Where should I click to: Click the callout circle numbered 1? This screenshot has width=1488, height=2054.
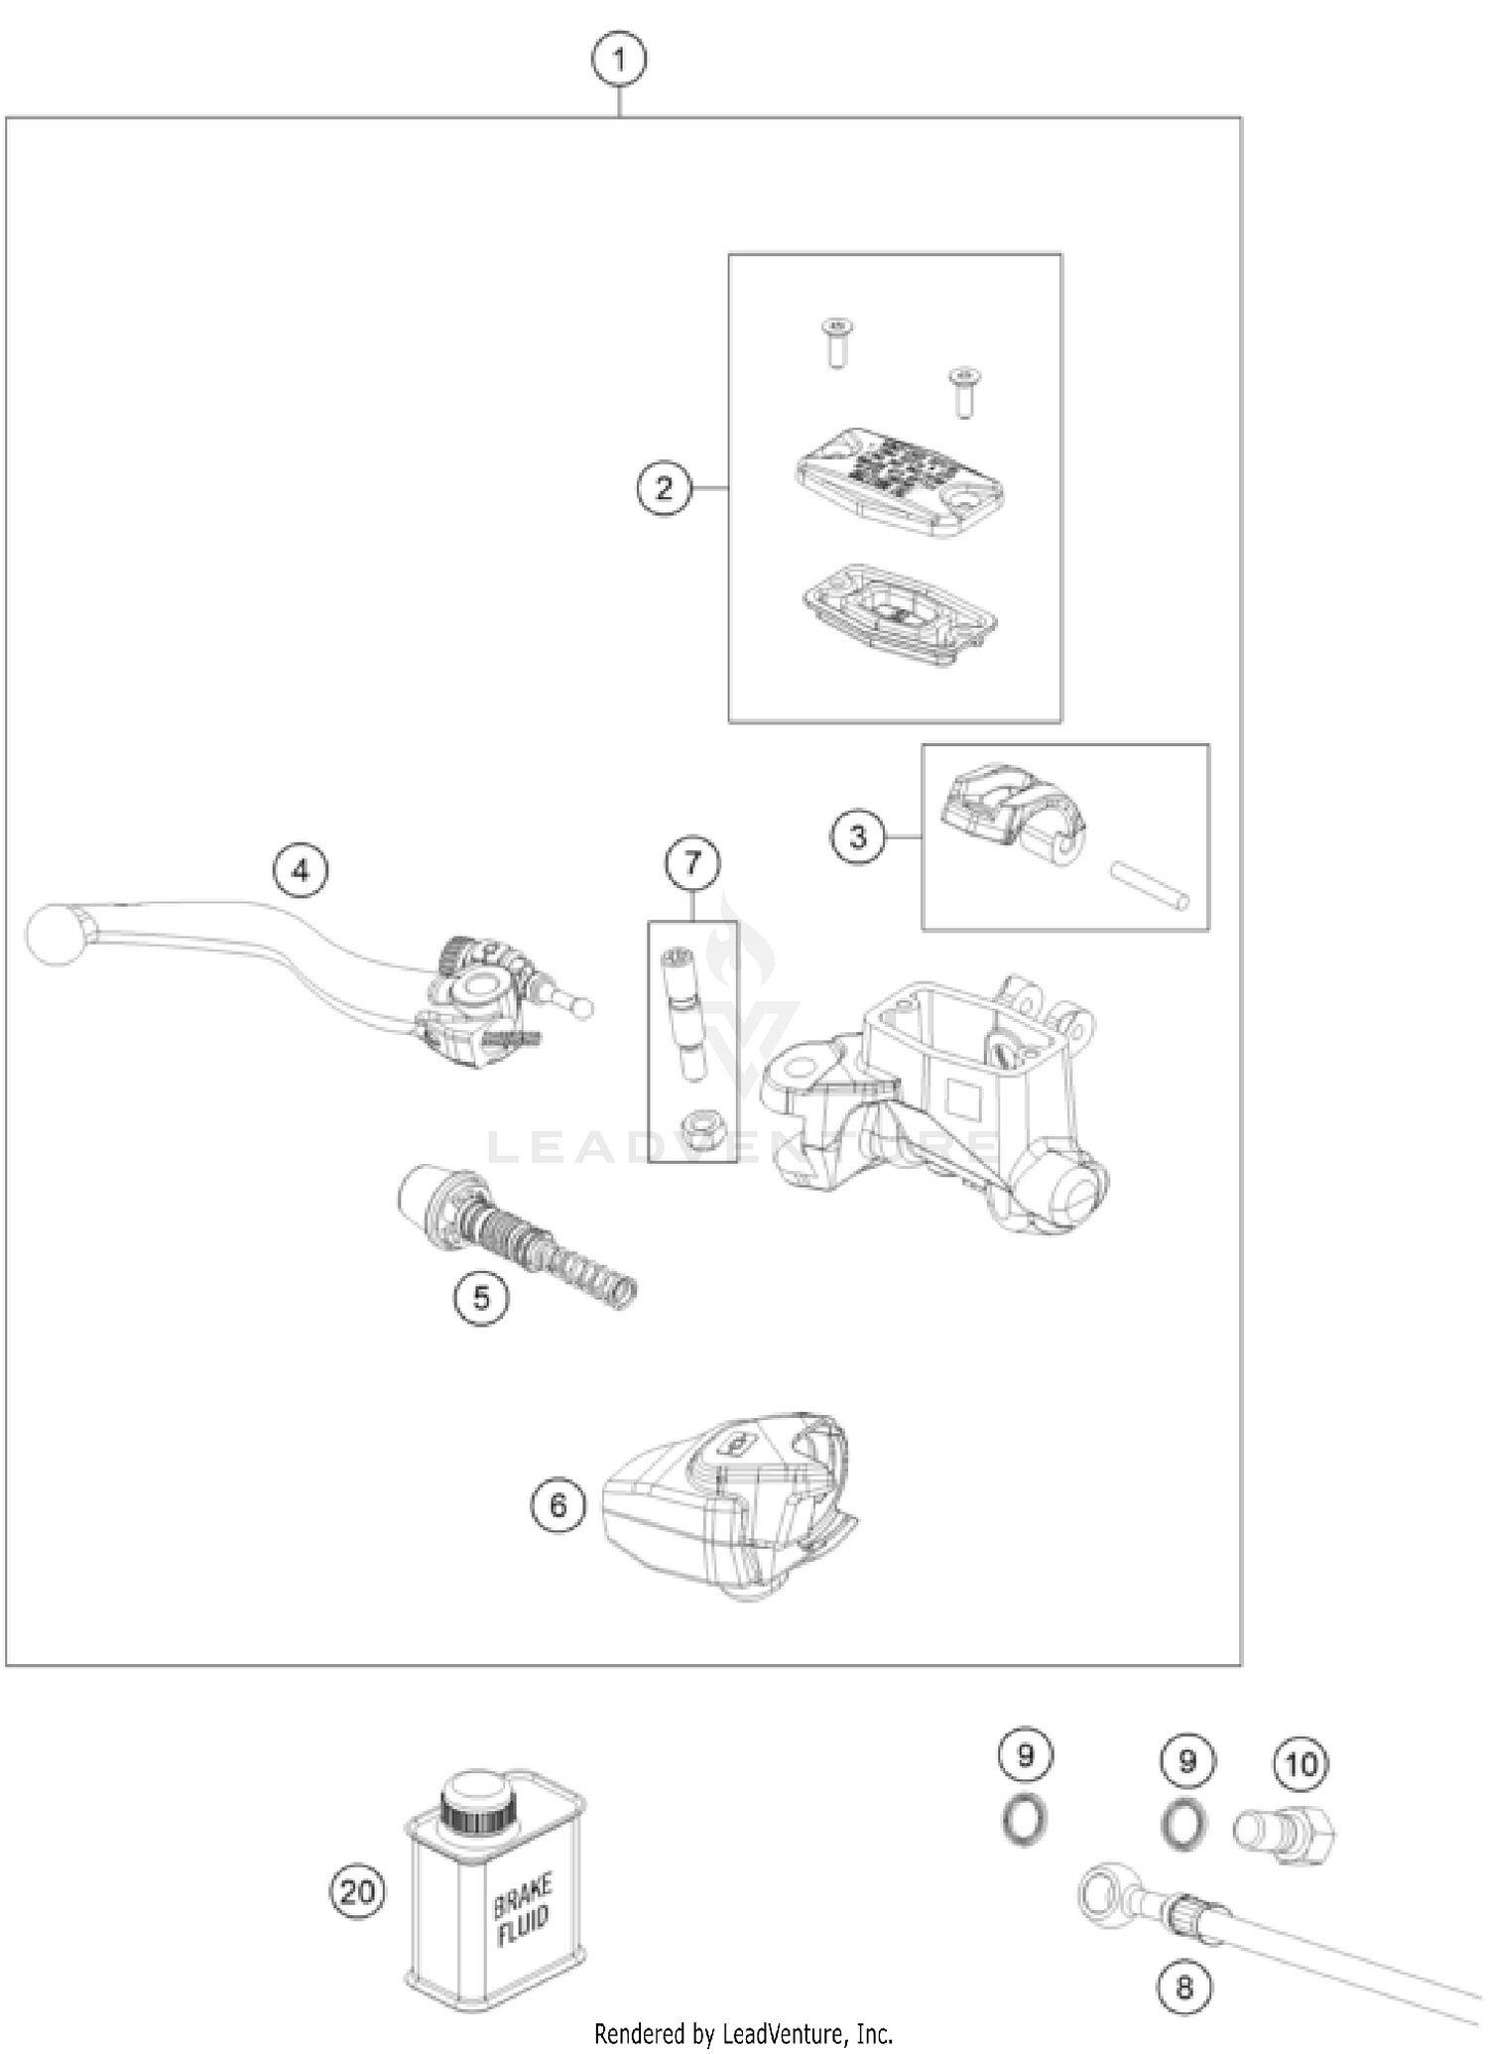[619, 61]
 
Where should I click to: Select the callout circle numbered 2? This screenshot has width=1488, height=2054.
[664, 488]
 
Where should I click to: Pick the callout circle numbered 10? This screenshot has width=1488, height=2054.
[1301, 1763]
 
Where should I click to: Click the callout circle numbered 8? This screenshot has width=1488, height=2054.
[1184, 1988]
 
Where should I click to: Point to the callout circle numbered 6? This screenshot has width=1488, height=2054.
[558, 1505]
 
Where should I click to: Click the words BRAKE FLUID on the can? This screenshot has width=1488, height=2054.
[523, 1910]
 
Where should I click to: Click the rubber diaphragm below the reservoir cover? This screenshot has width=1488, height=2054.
[899, 612]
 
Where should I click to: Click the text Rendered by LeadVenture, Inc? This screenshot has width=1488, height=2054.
[743, 2034]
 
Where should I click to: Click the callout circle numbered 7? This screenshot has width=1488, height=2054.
[692, 862]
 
